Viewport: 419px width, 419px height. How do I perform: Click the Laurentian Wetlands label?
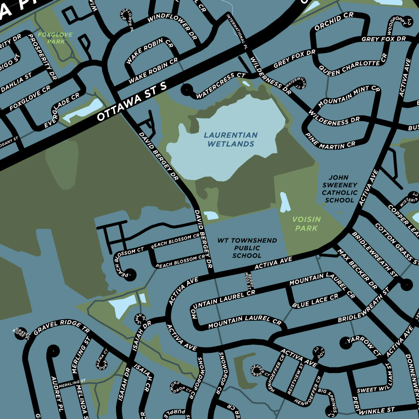click(x=231, y=140)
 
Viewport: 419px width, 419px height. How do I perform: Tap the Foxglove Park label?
click(x=52, y=38)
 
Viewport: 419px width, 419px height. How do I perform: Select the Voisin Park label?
click(x=306, y=223)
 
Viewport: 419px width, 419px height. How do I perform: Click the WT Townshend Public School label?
click(x=247, y=248)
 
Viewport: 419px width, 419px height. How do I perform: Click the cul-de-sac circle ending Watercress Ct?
click(x=187, y=88)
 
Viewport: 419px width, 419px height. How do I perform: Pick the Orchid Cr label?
click(x=334, y=22)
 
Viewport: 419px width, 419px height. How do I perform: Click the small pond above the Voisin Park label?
click(x=285, y=202)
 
